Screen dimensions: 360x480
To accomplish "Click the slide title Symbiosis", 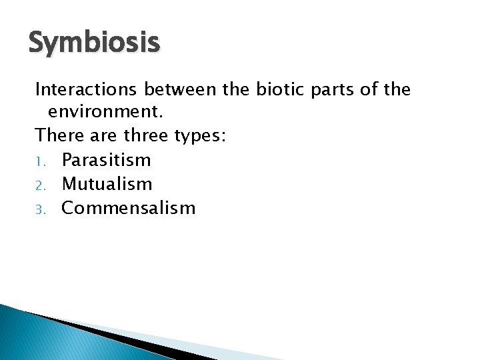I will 94,43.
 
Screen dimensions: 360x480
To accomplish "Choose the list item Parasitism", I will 106,160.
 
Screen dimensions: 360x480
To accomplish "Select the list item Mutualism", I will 107,184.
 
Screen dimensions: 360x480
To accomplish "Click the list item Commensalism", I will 128,208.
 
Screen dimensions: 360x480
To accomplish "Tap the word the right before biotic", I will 240,89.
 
